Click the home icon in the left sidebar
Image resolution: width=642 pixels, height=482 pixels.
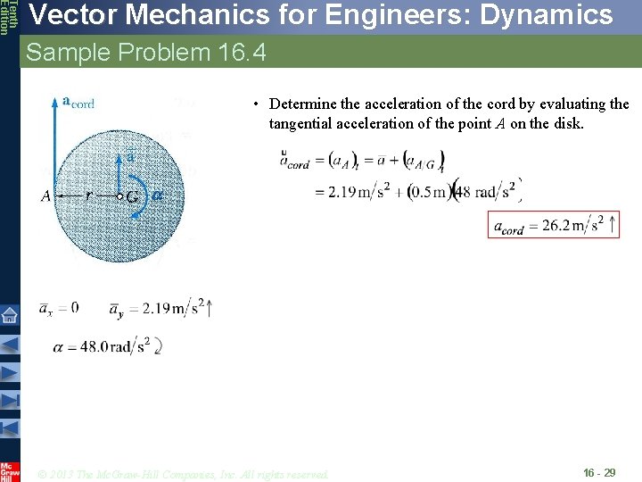(10, 315)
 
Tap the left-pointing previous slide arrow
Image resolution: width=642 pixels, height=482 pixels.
(10, 345)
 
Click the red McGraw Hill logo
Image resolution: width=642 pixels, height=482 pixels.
(10, 470)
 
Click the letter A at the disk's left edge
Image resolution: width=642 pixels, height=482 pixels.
(45, 196)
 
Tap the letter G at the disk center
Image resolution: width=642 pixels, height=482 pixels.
(132, 196)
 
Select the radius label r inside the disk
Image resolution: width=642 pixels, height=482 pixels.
(88, 194)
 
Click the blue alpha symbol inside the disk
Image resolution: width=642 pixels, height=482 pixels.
(157, 195)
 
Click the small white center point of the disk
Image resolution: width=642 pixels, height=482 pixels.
(120, 195)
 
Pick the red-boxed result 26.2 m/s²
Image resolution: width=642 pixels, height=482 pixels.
(554, 225)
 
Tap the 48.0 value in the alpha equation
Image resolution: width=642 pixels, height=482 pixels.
(93, 346)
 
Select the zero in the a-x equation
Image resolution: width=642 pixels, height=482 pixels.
(74, 308)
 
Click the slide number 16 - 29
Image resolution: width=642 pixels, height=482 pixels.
(598, 472)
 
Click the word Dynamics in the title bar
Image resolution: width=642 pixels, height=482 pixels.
(545, 15)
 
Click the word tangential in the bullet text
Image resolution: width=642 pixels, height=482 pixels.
(300, 124)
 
